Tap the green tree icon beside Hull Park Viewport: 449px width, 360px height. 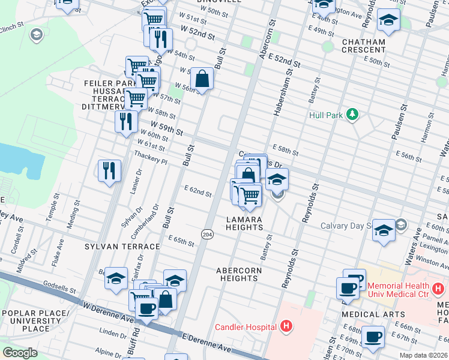coord(353,114)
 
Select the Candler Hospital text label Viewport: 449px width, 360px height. coord(246,326)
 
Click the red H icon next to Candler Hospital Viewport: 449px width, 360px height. coord(286,326)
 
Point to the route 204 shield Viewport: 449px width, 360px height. coord(207,233)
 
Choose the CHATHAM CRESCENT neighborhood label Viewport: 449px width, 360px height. coord(364,46)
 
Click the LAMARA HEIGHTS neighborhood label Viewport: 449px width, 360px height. coord(244,224)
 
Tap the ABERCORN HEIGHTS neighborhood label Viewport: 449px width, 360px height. coord(239,274)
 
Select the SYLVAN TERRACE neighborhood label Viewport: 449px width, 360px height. coord(122,247)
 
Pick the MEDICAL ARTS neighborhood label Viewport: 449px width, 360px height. coord(366,314)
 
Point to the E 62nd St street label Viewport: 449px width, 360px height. coord(198,193)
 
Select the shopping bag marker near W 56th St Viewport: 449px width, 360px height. coord(202,78)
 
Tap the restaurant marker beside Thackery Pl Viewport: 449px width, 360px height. coord(109,170)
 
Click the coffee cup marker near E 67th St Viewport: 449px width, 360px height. coord(373,338)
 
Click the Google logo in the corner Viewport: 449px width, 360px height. coord(20,353)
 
